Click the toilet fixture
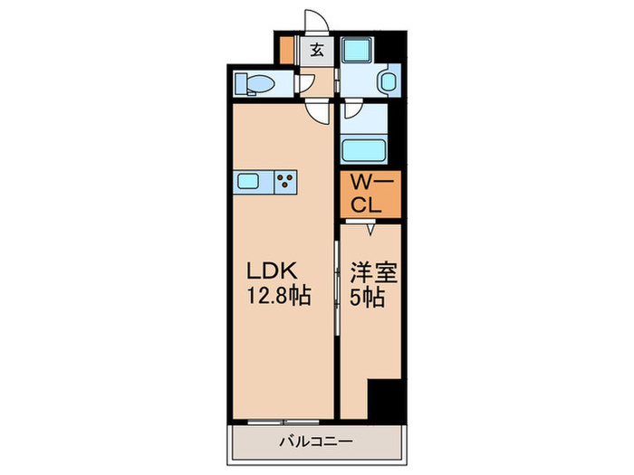pyautogui.click(x=255, y=84)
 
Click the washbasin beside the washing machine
pyautogui.click(x=388, y=82)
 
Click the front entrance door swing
pyautogui.click(x=313, y=21)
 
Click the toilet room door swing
pyautogui.click(x=307, y=84)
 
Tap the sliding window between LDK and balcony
pyautogui.click(x=281, y=421)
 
